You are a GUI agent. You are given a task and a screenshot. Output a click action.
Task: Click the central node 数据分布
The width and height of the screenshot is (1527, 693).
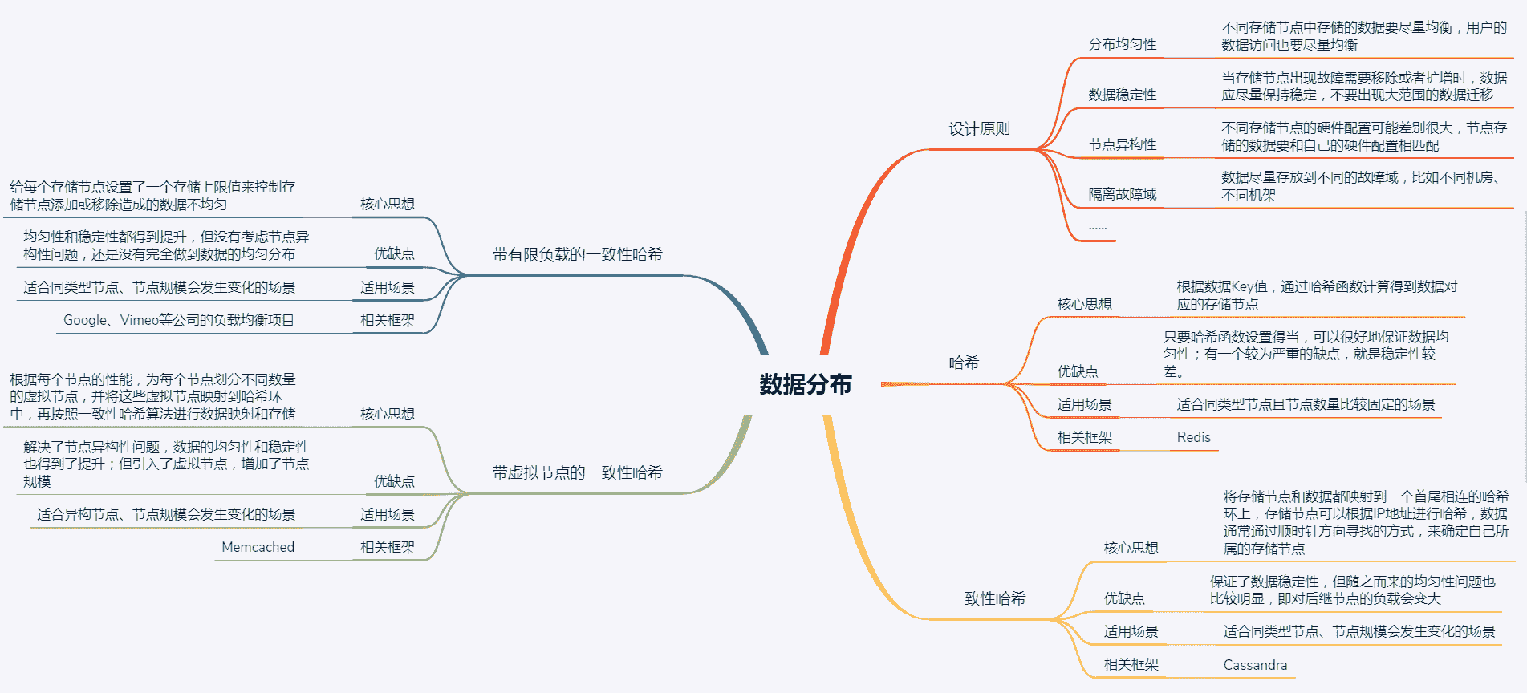click(805, 385)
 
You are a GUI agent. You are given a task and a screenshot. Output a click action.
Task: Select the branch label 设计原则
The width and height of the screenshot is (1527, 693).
click(979, 129)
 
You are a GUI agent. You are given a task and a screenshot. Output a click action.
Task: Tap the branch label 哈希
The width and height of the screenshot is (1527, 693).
click(964, 363)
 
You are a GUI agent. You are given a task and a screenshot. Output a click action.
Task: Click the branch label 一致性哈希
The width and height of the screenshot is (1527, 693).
click(987, 598)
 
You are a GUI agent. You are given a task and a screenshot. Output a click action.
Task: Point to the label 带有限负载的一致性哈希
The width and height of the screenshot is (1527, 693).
click(577, 255)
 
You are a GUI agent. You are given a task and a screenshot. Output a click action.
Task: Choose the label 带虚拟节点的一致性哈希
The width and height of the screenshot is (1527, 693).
click(577, 473)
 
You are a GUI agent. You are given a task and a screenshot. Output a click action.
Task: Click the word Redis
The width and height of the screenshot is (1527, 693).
click(1193, 437)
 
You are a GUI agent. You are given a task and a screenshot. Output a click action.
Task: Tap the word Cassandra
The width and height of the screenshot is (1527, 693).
click(1255, 665)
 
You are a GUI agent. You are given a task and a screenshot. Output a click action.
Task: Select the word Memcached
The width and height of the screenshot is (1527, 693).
click(258, 547)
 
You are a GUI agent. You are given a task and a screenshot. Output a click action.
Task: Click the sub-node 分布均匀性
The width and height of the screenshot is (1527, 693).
click(1122, 44)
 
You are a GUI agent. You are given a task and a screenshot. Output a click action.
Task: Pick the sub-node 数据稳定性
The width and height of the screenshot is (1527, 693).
click(1122, 95)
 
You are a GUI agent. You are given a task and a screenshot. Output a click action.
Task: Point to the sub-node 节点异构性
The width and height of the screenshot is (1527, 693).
click(1122, 144)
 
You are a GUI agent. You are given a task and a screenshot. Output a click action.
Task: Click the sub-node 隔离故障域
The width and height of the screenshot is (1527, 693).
click(1122, 194)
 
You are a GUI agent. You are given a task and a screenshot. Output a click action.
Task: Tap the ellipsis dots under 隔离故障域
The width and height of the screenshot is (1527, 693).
click(1097, 228)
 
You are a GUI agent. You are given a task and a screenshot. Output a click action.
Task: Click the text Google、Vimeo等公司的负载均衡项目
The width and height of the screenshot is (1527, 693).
click(179, 320)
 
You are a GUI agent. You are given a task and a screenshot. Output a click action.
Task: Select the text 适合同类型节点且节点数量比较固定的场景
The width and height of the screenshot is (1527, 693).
click(1306, 404)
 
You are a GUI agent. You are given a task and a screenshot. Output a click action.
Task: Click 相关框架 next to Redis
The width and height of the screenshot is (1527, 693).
click(1084, 437)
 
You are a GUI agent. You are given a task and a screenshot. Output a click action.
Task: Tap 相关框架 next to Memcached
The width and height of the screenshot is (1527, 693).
click(387, 547)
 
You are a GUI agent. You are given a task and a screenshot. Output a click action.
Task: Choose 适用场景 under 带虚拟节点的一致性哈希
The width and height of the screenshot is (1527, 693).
click(387, 514)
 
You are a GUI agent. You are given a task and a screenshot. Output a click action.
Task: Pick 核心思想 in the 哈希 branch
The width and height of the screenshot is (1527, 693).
click(1084, 304)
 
